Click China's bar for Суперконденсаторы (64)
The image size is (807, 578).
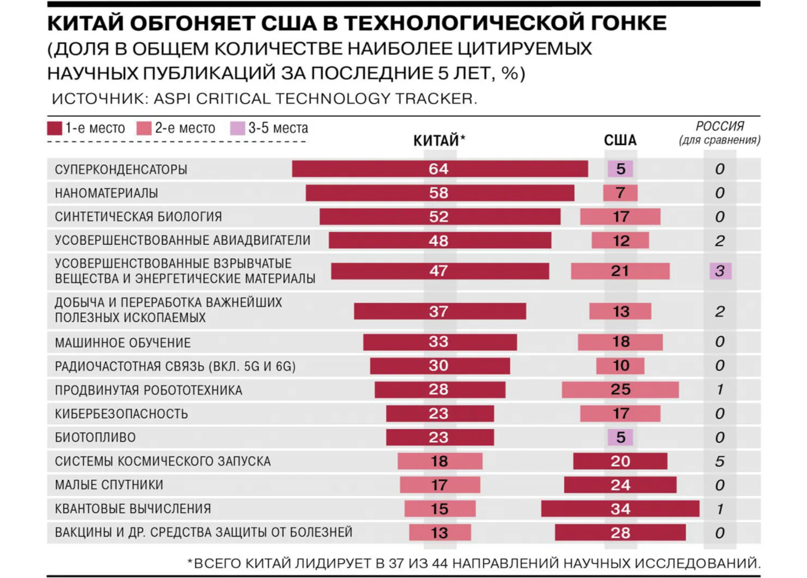[x=440, y=169]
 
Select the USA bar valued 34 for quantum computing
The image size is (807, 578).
[x=620, y=509]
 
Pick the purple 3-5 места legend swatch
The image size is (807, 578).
[x=237, y=128]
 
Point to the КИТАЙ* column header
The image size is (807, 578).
[x=439, y=141]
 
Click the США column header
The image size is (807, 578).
[x=620, y=141]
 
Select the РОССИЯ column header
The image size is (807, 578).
[x=720, y=133]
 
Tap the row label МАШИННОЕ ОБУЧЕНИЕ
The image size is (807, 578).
[x=123, y=343]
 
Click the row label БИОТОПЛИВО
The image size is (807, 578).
[x=95, y=437]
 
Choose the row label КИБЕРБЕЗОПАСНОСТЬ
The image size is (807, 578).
[x=121, y=414]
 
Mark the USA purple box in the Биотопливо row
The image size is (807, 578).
[x=620, y=437]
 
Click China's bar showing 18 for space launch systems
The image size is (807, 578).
[x=440, y=461]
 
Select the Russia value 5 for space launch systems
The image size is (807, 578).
[x=720, y=462]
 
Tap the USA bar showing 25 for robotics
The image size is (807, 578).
[x=620, y=390]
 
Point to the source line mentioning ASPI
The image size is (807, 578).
[x=264, y=98]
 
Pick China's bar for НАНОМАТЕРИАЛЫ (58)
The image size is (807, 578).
[x=440, y=193]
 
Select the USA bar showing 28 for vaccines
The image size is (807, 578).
[x=620, y=532]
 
